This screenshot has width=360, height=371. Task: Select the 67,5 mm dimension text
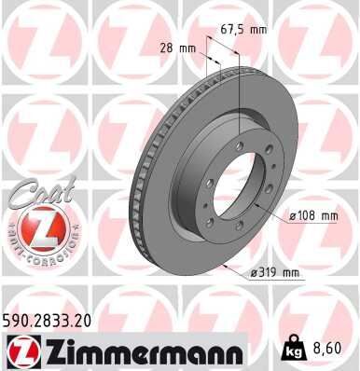[x=244, y=29]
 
